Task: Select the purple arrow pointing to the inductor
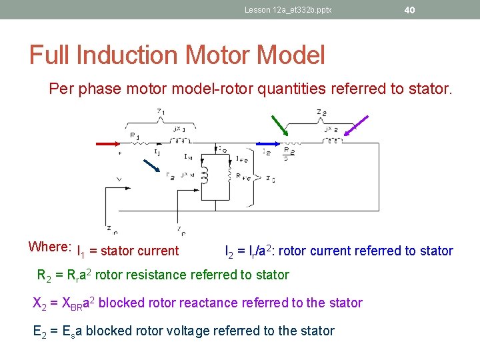click(356, 129)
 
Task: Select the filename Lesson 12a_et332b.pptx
click(288, 10)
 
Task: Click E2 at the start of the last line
click(41, 331)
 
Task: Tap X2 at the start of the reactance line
click(41, 303)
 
